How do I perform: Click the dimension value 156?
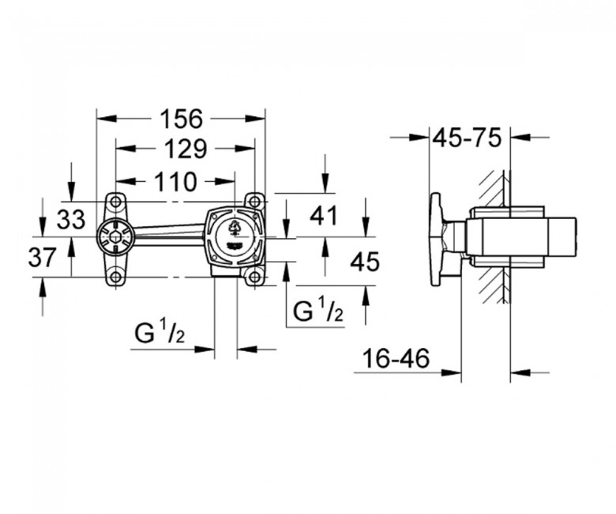point(181,119)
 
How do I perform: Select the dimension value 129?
point(185,149)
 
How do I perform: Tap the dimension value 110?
point(175,182)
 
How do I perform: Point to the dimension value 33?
point(71,219)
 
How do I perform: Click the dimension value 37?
point(43,258)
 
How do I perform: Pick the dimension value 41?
point(324,216)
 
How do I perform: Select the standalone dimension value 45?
point(365,262)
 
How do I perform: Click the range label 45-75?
point(467,138)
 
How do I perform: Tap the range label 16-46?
point(396,359)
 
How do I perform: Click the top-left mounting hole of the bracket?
point(115,202)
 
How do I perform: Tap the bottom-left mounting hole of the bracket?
point(115,278)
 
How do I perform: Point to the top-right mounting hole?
point(254,202)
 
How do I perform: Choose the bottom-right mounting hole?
point(254,278)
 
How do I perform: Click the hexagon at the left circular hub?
point(115,237)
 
